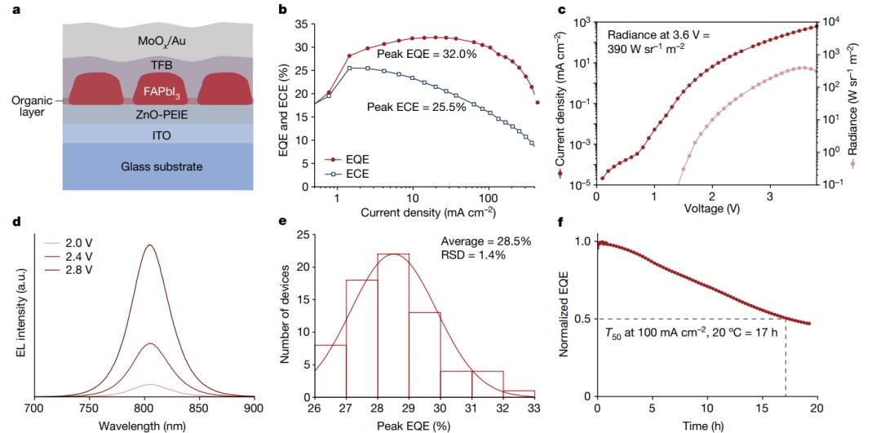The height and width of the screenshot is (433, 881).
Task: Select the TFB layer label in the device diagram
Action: pos(145,64)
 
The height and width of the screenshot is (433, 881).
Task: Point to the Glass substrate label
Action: pos(145,166)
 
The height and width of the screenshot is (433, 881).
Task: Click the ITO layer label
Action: pos(145,134)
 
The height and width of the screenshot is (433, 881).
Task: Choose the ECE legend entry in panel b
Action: pos(350,173)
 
